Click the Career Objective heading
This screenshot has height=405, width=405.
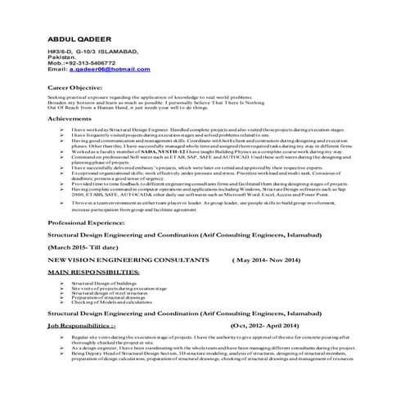pyautogui.click(x=79, y=85)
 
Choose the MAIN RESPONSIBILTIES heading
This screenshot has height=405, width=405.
pyautogui.click(x=99, y=269)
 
